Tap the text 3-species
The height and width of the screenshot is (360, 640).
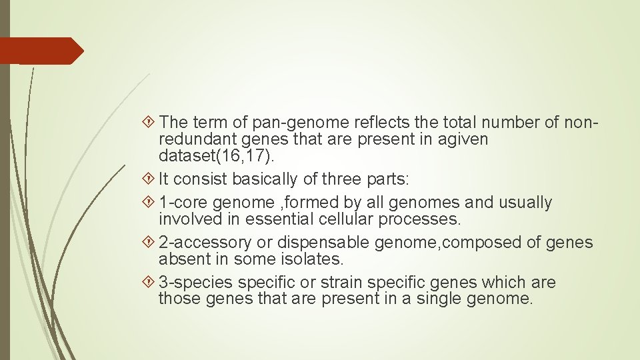pyautogui.click(x=195, y=283)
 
